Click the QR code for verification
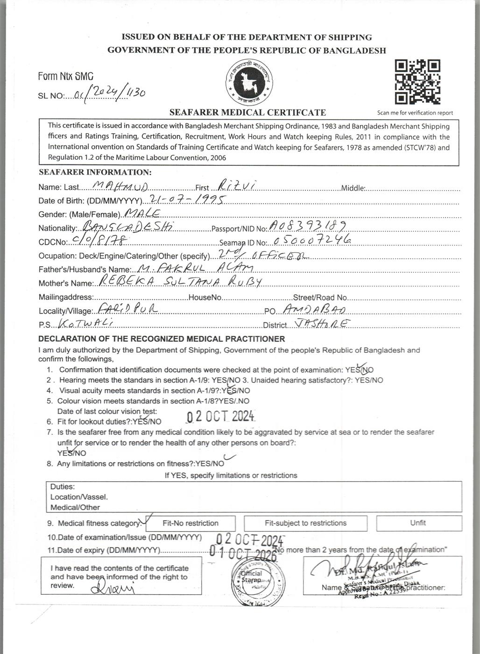[x=417, y=82]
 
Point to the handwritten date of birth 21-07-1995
[x=186, y=199]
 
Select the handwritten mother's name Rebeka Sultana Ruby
[x=178, y=282]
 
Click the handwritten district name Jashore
[x=322, y=323]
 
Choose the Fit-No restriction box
[x=191, y=523]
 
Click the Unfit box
[x=418, y=523]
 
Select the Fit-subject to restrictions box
[x=305, y=523]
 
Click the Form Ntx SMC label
[x=66, y=76]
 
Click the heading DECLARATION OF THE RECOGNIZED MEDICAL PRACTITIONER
[x=162, y=339]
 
